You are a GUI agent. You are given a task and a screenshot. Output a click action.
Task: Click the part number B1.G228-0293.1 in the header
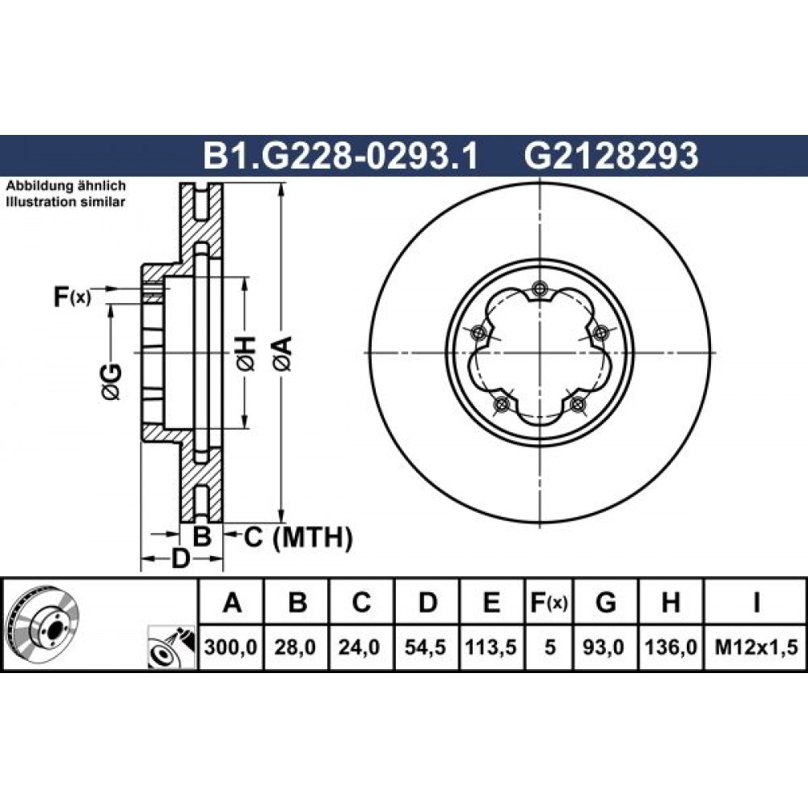[341, 156]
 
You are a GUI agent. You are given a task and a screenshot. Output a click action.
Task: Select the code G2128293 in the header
[611, 156]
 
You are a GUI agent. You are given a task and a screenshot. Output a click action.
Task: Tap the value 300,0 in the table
[230, 646]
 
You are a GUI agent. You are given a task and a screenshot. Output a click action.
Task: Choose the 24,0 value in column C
[360, 646]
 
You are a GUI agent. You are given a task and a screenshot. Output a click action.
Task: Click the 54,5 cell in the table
[426, 646]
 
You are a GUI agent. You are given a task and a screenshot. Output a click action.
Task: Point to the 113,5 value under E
[491, 646]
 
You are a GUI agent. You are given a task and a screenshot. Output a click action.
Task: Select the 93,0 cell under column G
[605, 646]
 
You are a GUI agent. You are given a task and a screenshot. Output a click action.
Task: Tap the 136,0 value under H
[671, 646]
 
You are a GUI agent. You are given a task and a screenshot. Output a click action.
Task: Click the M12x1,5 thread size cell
[756, 646]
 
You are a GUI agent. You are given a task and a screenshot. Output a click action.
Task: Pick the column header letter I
[756, 603]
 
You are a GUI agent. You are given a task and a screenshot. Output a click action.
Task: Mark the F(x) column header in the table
[549, 603]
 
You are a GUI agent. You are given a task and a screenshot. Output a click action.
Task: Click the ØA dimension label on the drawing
[284, 354]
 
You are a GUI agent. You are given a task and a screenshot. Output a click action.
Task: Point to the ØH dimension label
[246, 354]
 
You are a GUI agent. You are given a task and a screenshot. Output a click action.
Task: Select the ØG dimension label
[112, 382]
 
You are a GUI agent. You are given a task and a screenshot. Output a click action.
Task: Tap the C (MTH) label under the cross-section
[298, 537]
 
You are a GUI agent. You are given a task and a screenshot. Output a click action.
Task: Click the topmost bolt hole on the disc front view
[539, 288]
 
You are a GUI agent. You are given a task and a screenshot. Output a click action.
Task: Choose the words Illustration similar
[65, 202]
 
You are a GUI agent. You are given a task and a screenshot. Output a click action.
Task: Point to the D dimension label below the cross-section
[180, 558]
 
